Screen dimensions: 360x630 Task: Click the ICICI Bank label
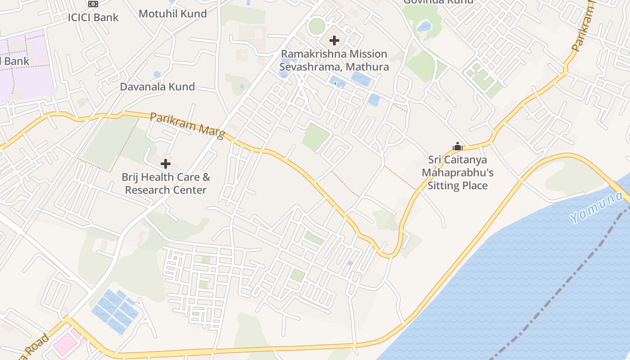pos(93,18)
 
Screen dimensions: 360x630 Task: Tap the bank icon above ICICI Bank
pos(93,4)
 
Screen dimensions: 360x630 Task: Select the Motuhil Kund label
pos(173,13)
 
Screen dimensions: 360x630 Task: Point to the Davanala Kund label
pos(157,86)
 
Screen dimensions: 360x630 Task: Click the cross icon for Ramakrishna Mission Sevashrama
pos(334,40)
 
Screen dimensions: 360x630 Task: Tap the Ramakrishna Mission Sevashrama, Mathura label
pos(334,60)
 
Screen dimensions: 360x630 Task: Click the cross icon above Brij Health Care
pos(166,164)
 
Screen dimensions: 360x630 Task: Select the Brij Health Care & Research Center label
pos(166,184)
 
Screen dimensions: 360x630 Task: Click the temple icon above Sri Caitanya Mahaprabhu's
pos(458,146)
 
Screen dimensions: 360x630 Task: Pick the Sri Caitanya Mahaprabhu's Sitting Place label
pos(458,173)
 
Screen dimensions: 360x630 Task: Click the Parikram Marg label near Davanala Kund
pos(187,126)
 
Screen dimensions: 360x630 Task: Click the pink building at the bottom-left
pos(67,342)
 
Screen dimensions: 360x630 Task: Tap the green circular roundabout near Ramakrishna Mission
pos(317,26)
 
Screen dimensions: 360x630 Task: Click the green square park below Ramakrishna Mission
pos(316,137)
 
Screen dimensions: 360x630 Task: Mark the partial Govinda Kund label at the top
pos(438,2)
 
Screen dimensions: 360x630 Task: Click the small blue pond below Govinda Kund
pos(424,27)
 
